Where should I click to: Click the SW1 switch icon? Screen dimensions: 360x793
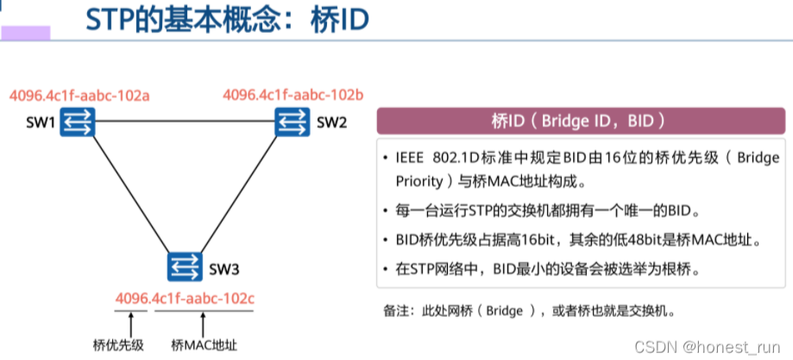point(77,123)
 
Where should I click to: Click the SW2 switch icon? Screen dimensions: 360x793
point(292,123)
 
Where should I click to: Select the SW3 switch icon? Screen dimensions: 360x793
point(185,266)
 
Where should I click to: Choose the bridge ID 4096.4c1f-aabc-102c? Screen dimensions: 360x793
point(186,299)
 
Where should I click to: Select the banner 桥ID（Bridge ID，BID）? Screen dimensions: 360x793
point(579,120)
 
